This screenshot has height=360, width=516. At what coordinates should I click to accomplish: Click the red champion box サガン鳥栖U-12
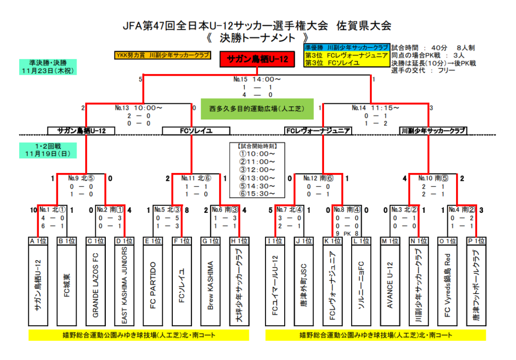click(x=257, y=59)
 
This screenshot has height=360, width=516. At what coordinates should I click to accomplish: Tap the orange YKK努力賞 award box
click(x=162, y=55)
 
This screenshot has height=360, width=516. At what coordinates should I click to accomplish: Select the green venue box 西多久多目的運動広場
click(x=257, y=108)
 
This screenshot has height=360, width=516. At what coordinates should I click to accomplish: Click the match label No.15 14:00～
click(x=257, y=79)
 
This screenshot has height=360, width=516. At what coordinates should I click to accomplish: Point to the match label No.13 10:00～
click(x=139, y=107)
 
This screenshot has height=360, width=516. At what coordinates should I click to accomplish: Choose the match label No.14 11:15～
click(x=376, y=107)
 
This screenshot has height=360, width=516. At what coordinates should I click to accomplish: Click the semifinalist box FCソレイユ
click(x=196, y=131)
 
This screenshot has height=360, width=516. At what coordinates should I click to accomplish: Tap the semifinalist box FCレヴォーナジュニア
click(x=317, y=131)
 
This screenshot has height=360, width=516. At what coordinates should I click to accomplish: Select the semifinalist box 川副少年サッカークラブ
click(x=432, y=131)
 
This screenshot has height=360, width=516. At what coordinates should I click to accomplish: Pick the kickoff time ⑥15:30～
click(x=257, y=194)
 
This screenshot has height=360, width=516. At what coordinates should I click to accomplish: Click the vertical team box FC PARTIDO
click(x=153, y=285)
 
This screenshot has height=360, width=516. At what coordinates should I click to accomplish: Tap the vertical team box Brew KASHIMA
click(x=211, y=285)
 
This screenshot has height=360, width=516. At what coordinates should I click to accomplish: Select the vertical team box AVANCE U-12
click(x=389, y=285)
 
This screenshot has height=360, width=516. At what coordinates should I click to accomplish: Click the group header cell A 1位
click(x=38, y=241)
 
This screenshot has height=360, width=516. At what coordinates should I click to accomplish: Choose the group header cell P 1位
click(x=476, y=241)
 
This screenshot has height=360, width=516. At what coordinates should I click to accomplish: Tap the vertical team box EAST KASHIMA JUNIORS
click(x=124, y=285)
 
